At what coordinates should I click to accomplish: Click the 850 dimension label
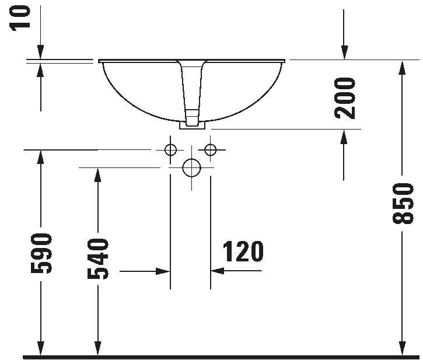403,204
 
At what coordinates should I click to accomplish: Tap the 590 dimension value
41,253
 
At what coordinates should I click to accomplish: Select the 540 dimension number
98,258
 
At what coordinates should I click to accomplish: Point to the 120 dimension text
243,251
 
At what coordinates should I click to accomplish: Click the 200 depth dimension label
344,98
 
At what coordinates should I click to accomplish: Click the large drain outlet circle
192,167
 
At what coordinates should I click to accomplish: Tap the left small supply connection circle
170,150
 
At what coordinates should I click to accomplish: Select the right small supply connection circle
211,149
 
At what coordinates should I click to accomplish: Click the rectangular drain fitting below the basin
193,125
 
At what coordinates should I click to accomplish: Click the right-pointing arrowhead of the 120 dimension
163,271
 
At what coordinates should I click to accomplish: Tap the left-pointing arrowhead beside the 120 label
218,270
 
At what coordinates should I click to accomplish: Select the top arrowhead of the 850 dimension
402,68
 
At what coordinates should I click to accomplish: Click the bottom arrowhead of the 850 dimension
402,348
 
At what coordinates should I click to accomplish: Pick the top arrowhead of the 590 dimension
40,157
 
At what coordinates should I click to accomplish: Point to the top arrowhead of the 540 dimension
98,175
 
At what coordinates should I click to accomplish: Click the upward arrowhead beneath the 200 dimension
344,137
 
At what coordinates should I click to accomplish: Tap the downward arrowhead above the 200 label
344,52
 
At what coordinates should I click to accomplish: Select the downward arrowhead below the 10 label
40,52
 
